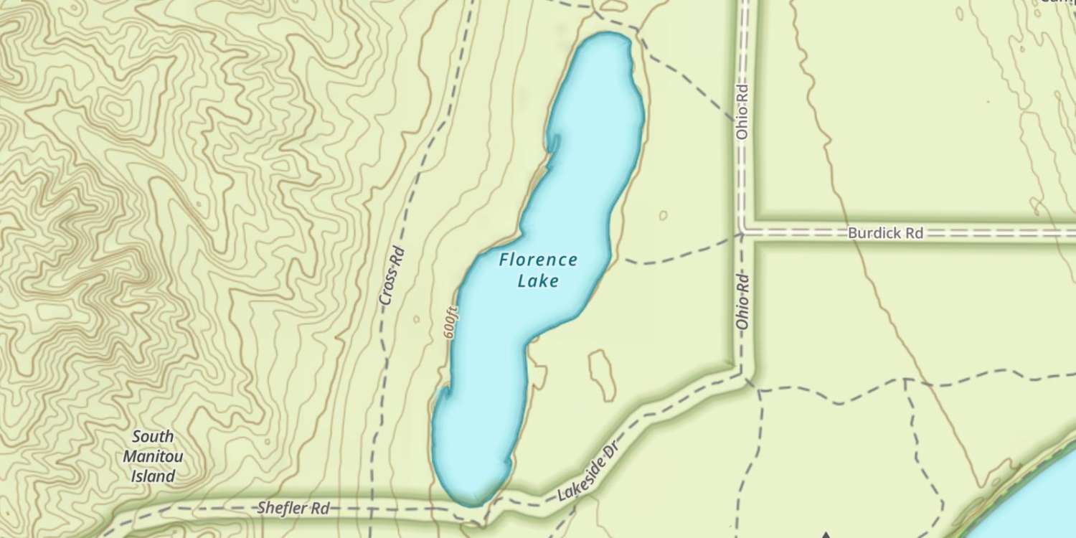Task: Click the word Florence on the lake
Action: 538,260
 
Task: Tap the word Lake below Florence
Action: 538,280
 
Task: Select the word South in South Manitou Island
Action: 153,437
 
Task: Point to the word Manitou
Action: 153,456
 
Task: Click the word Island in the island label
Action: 153,476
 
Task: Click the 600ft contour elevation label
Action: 450,321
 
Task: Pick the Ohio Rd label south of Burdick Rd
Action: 742,301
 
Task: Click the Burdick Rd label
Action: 885,233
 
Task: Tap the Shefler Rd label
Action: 293,509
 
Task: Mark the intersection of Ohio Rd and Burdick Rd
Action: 745,233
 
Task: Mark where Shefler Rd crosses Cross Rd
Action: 372,509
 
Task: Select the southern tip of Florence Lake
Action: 470,502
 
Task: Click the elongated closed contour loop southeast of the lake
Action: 601,374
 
